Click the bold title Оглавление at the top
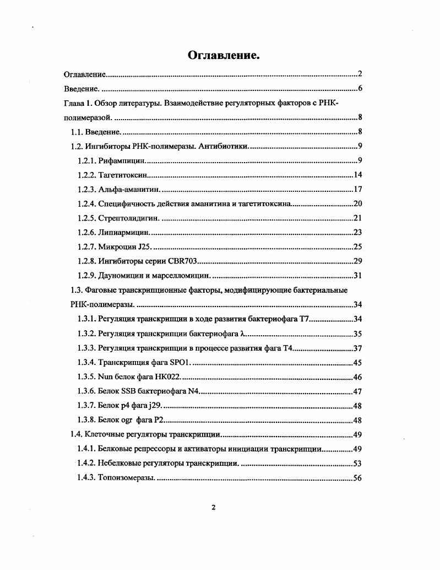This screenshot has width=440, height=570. [x=223, y=55]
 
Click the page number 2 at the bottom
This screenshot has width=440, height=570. [x=214, y=507]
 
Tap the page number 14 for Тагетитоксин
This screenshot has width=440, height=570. [x=357, y=175]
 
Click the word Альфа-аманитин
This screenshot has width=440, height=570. [x=129, y=189]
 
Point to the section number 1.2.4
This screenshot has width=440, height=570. [x=87, y=203]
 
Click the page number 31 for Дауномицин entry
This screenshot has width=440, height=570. [x=357, y=276]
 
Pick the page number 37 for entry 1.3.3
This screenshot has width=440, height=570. [x=357, y=348]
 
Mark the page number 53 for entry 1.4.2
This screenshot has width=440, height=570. [x=357, y=463]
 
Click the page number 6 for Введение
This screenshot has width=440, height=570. [x=359, y=88]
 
